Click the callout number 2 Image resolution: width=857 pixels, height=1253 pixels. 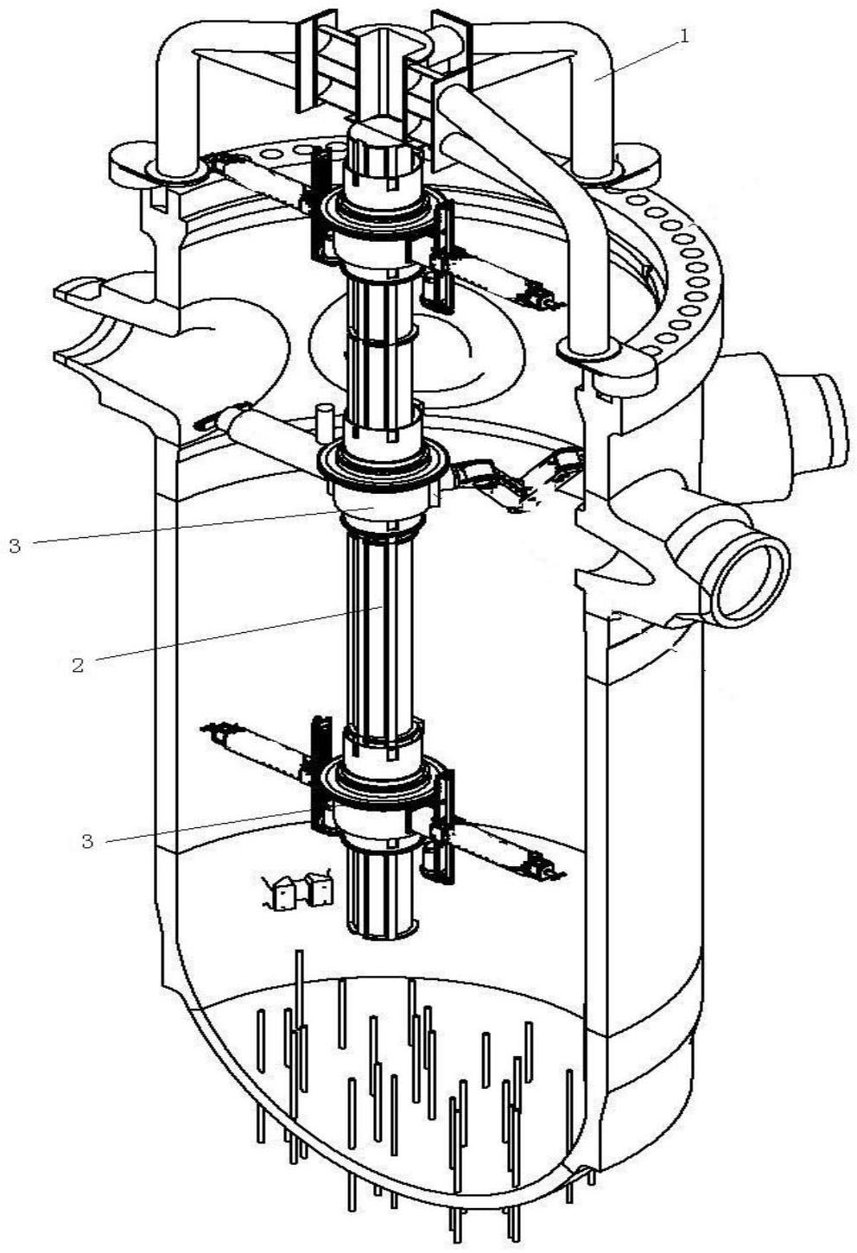[78, 666]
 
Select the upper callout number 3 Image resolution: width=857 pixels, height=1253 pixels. [15, 546]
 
